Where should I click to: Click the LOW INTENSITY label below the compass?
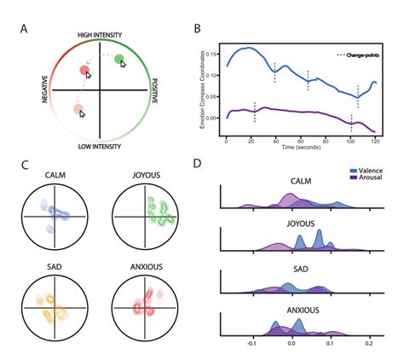click(x=101, y=148)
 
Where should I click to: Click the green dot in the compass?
click(x=120, y=59)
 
